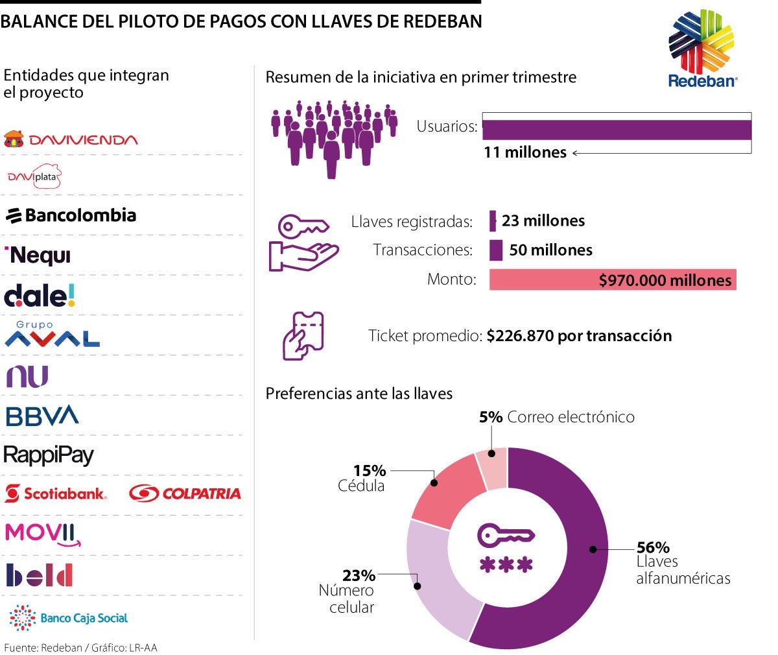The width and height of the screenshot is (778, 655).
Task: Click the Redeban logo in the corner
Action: pos(702,49)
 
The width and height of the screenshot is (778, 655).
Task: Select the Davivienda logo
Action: pos(71,139)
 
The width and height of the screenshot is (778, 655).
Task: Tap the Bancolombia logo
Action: pos(71,215)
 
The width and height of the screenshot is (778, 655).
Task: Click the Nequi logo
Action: pos(38,256)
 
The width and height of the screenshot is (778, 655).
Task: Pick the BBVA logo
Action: pos(42,416)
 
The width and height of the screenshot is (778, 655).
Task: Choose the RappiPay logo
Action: pos(49,455)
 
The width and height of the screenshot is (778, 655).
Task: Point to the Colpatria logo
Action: pos(185,494)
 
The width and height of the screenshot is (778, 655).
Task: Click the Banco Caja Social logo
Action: pos(69,618)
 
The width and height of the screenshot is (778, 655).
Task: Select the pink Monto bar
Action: pos(613,280)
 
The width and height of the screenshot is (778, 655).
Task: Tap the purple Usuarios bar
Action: pos(617,130)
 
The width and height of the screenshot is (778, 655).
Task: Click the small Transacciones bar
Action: pos(496,250)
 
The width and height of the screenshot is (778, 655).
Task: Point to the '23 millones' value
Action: pos(543,221)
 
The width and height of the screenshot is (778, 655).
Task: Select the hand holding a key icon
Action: pos(303,243)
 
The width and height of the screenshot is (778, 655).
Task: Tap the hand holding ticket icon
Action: pos(303,336)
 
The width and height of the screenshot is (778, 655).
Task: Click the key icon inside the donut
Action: pos(506,536)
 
